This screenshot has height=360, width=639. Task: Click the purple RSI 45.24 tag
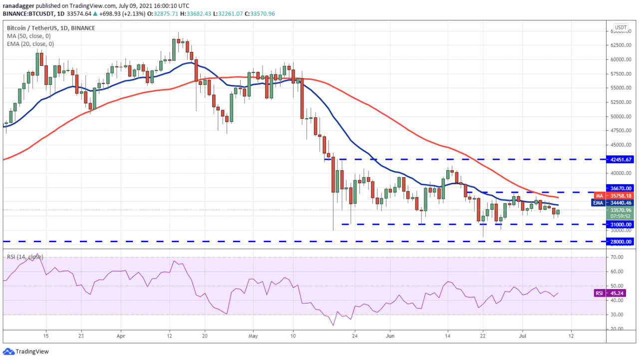click(614, 293)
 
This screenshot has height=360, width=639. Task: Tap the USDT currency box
click(621, 27)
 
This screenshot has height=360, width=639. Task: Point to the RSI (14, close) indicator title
click(25, 257)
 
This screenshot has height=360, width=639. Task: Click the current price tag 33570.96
click(620, 210)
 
